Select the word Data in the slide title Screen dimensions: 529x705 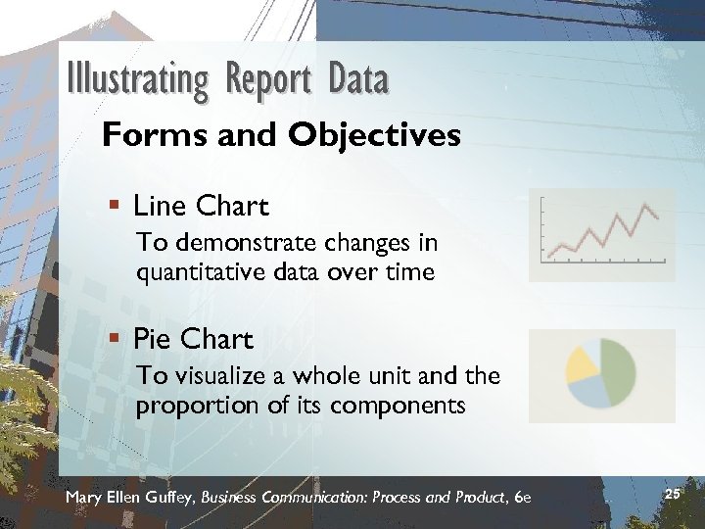[358, 79]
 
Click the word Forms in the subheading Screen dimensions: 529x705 [144, 135]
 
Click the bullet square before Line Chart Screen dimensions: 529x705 [115, 207]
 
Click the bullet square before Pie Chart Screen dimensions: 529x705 [115, 340]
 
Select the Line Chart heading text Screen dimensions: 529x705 [201, 207]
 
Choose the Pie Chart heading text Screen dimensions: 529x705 [193, 340]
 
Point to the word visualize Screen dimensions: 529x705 [210, 375]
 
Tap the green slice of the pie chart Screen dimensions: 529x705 [621, 367]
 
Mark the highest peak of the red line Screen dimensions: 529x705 [645, 206]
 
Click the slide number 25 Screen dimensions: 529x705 [672, 495]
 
